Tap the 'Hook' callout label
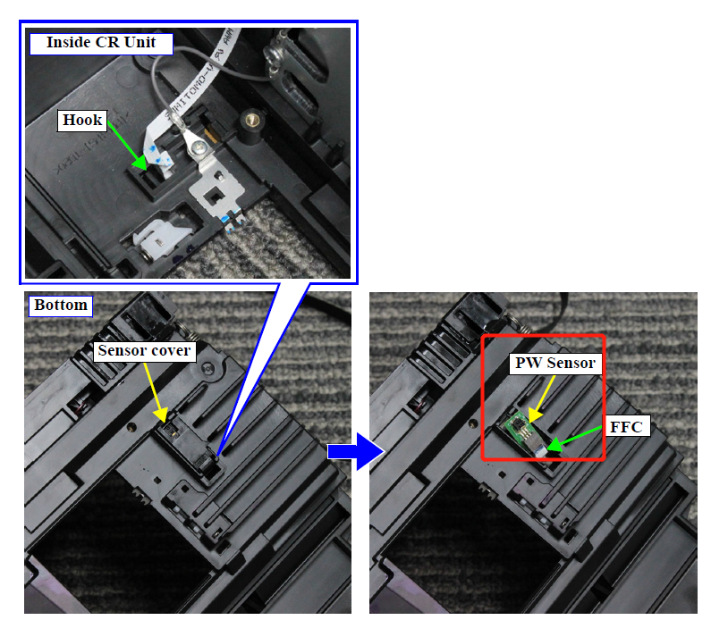click(x=82, y=120)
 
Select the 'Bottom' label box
click(x=61, y=306)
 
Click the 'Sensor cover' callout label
click(x=145, y=351)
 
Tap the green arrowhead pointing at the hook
click(x=140, y=163)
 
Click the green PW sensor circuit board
click(x=516, y=431)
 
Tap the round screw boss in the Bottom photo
click(x=207, y=367)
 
